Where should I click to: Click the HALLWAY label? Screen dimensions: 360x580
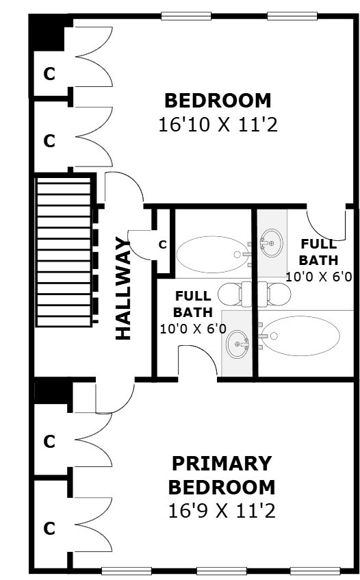123,288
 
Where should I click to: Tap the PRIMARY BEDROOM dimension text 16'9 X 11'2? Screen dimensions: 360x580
222,512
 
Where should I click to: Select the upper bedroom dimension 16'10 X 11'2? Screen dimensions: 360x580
218,125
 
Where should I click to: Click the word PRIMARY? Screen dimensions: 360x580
222,464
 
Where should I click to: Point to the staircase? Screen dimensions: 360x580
64,251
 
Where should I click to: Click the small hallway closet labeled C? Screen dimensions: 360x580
163,244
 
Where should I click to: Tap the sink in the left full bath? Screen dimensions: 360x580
237,344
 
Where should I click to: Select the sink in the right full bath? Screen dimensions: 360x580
272,243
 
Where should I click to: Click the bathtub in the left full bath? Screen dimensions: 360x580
213,255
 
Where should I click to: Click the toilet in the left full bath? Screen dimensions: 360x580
234,294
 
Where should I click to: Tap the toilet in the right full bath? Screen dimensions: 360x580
274,294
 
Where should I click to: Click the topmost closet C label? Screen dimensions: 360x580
49,74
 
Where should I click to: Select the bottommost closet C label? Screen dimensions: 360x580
49,529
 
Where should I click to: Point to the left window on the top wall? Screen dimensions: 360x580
186,16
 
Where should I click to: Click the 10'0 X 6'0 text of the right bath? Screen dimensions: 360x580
319,277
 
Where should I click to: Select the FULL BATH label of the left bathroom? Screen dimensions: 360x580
192,304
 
